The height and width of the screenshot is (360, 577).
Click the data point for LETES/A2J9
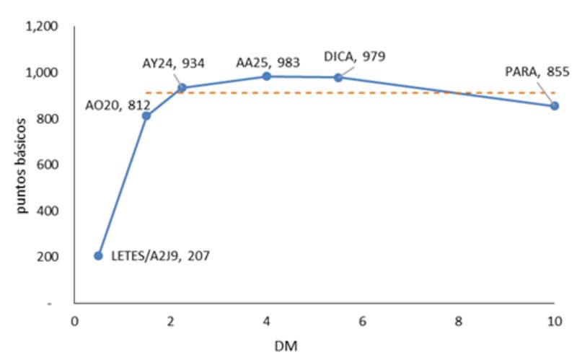[x=98, y=255]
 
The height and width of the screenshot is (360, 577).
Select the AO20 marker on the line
[x=146, y=116]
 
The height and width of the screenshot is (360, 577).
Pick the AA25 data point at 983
[x=266, y=76]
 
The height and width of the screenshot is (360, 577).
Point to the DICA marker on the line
[x=338, y=77]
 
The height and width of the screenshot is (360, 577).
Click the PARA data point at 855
[x=555, y=105]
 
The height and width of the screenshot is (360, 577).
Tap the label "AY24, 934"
[x=173, y=63]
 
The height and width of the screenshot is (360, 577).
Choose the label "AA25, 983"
[x=268, y=63]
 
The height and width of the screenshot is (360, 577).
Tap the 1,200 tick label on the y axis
[x=41, y=27]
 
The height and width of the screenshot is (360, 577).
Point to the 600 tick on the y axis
[x=47, y=164]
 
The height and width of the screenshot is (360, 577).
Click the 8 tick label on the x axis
[x=459, y=321]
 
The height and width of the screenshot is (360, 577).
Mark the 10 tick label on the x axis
[x=554, y=321]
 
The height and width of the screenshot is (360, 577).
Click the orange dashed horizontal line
[x=433, y=93]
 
